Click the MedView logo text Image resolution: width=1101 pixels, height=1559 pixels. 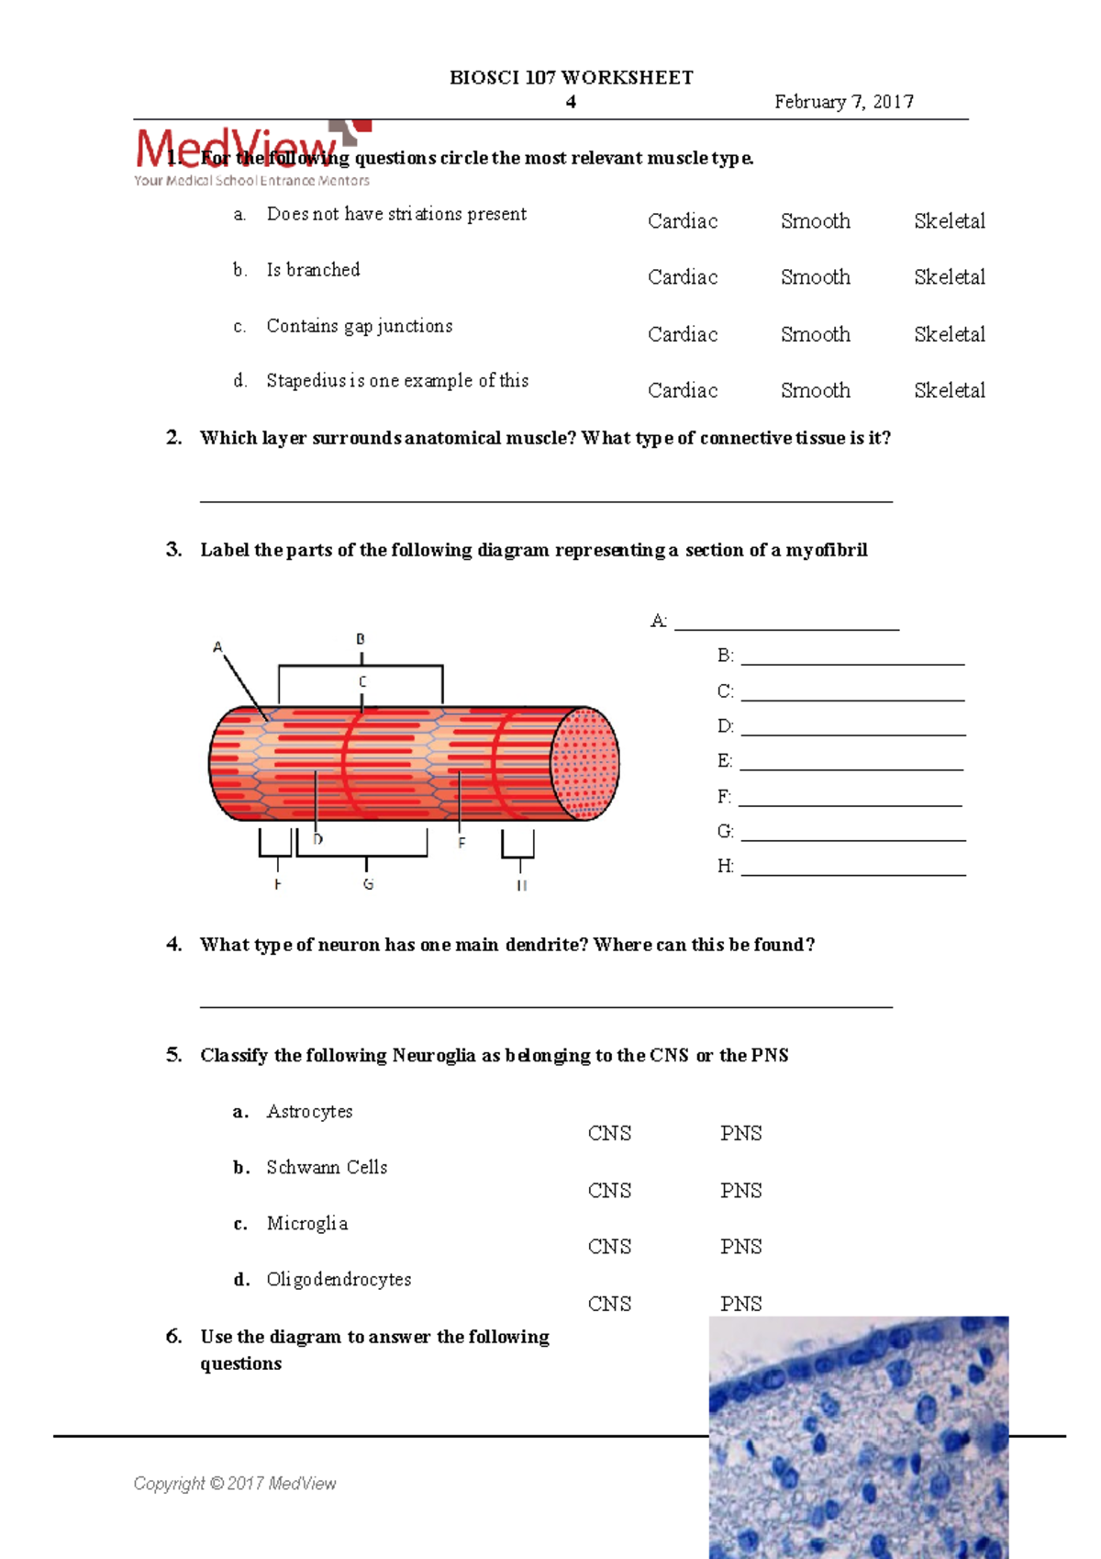[x=237, y=149]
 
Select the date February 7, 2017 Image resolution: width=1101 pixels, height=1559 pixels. [x=843, y=102]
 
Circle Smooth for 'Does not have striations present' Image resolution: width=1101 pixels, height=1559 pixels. [x=815, y=221]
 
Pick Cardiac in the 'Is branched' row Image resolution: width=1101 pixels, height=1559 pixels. [x=682, y=277]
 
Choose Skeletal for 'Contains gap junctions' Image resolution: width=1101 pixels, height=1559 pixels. [x=949, y=334]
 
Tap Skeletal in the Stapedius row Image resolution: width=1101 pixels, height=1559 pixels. [x=949, y=390]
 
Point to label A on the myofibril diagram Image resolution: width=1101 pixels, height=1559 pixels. [x=217, y=647]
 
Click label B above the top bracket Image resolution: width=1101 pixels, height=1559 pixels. [x=361, y=639]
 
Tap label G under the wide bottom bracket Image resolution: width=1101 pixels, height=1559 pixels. [x=368, y=884]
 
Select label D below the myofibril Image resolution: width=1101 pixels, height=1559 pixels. [x=317, y=839]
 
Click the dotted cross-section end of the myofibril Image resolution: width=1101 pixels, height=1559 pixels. [x=585, y=763]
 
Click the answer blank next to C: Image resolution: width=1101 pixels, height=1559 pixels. [x=852, y=692]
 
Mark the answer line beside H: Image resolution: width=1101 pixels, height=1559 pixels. [x=852, y=867]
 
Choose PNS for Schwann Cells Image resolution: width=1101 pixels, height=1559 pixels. [x=740, y=1191]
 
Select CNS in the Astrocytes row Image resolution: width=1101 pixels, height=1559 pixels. [x=609, y=1134]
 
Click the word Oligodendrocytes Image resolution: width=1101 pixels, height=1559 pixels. [x=339, y=1279]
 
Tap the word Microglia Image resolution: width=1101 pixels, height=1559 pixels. [x=306, y=1223]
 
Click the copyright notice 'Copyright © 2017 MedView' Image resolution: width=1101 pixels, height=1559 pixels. [x=235, y=1484]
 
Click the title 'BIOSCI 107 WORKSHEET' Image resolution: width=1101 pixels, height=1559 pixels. [x=571, y=78]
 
